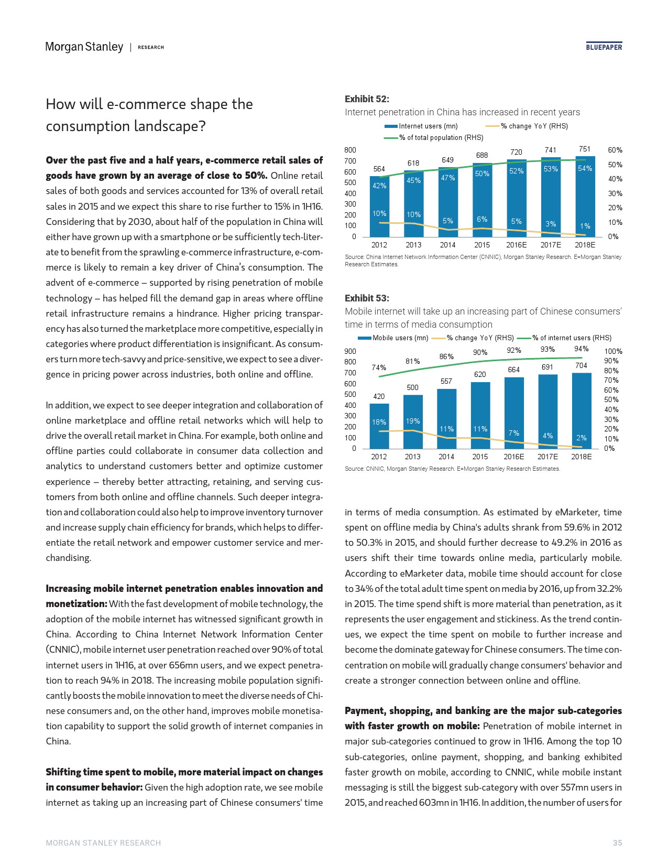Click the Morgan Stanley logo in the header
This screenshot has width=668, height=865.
coord(84,47)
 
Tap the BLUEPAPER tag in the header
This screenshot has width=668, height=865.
coord(604,47)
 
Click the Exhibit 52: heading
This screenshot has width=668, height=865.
coord(367,99)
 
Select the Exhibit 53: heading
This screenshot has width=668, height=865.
coord(367,298)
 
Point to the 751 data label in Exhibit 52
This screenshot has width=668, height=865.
coord(585,149)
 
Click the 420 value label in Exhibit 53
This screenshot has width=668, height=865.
coord(379,396)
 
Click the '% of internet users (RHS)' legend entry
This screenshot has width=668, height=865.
coord(572,338)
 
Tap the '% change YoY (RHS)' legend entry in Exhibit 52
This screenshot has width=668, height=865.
coord(534,126)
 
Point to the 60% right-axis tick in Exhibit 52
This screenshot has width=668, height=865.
coord(615,150)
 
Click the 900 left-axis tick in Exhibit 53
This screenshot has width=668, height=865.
coord(350,351)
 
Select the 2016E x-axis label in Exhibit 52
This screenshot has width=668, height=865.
coord(517,245)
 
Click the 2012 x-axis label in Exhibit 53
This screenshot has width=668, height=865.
coord(379,457)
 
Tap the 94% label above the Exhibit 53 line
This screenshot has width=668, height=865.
coord(581,349)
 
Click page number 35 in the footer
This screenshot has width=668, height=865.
coord(618,843)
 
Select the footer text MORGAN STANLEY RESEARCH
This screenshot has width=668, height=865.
coord(103,843)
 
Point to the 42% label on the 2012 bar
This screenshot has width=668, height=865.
coord(379,186)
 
